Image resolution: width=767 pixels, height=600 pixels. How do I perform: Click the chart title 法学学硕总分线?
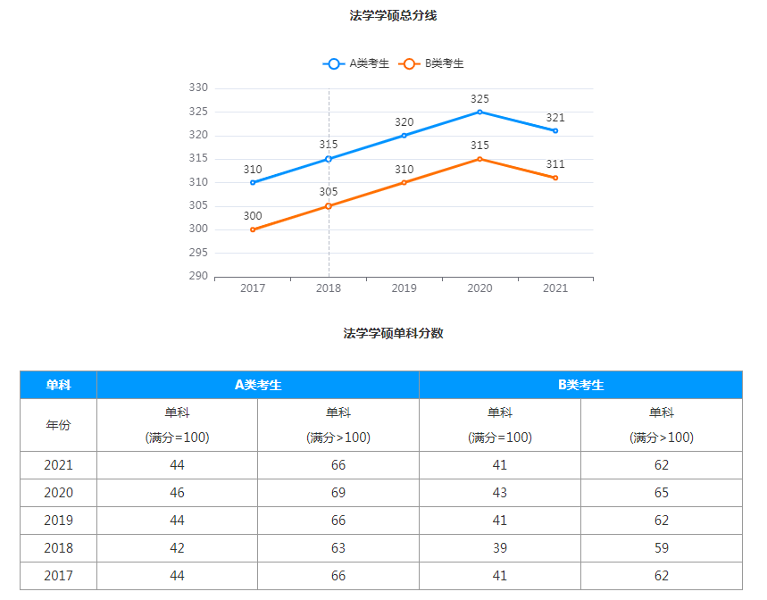pyautogui.click(x=393, y=15)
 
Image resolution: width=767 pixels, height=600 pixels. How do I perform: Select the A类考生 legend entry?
pyautogui.click(x=357, y=63)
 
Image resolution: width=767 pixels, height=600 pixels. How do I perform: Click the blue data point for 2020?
pyautogui.click(x=479, y=112)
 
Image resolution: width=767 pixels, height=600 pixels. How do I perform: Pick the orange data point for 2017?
pyautogui.click(x=253, y=229)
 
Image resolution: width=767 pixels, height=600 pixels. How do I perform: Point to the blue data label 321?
pyautogui.click(x=555, y=118)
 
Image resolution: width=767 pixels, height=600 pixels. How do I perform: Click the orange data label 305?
pyautogui.click(x=329, y=192)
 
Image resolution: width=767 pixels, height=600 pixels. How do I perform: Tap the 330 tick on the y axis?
pyautogui.click(x=198, y=87)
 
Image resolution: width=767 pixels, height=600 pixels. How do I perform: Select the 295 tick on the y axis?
pyautogui.click(x=198, y=253)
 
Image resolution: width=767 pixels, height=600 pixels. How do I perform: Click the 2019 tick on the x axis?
pyautogui.click(x=404, y=288)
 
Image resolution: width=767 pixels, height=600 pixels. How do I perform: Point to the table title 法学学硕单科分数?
pyautogui.click(x=393, y=333)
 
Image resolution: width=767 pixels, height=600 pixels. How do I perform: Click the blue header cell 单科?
pyautogui.click(x=58, y=385)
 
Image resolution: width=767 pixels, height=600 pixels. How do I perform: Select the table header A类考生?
pyautogui.click(x=258, y=385)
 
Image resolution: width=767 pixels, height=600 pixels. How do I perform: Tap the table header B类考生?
pyautogui.click(x=580, y=385)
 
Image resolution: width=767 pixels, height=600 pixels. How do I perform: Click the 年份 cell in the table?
pyautogui.click(x=58, y=425)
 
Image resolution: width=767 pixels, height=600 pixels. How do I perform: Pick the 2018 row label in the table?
pyautogui.click(x=58, y=548)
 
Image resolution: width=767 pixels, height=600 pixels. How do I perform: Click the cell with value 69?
pyautogui.click(x=338, y=493)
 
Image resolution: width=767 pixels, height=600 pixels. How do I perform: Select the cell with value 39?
pyautogui.click(x=500, y=548)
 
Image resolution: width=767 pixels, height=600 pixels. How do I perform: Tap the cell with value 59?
pyautogui.click(x=661, y=548)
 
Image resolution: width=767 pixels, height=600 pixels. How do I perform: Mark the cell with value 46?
pyautogui.click(x=177, y=493)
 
